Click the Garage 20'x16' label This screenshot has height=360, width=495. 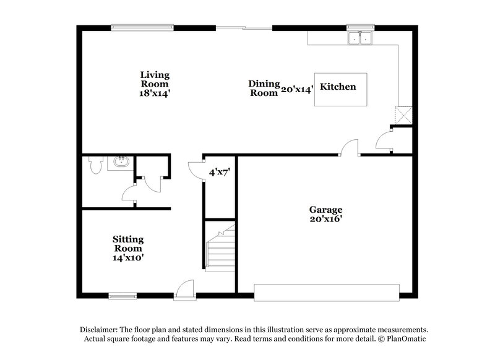[x=327, y=215]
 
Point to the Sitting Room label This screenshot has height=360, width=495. [x=128, y=247]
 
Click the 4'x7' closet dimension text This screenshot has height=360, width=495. [x=219, y=173]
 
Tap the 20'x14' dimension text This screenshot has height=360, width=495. [x=296, y=89]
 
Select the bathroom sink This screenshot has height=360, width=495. [x=119, y=163]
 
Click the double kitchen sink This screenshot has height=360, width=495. [x=360, y=38]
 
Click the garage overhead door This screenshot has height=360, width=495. [x=327, y=292]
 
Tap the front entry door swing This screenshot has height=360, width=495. [x=184, y=289]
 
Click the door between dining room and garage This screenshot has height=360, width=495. [x=349, y=148]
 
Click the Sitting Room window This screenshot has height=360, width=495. [x=123, y=295]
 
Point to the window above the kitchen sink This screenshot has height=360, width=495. [x=357, y=27]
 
